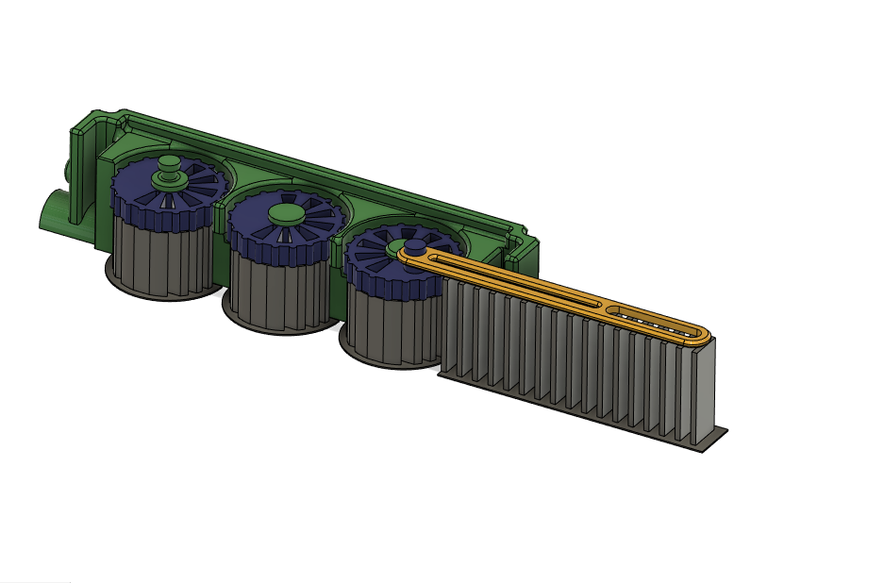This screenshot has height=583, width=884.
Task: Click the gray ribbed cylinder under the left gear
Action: [160, 255]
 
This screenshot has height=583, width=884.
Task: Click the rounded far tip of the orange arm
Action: [709, 335]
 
